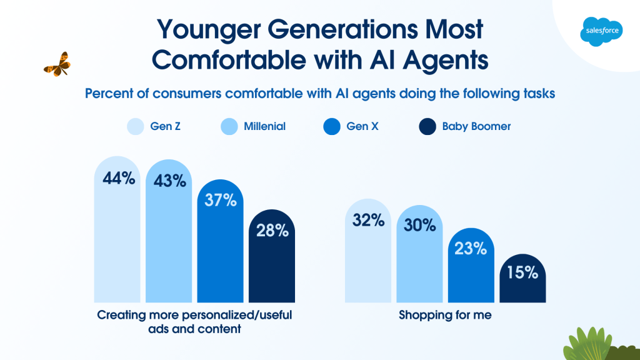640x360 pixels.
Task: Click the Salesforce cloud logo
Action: point(601,31)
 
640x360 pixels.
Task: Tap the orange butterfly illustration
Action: point(57,64)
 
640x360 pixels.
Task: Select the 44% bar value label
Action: point(119,178)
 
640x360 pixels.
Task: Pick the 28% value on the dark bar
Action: point(272,230)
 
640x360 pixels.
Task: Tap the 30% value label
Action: point(419,225)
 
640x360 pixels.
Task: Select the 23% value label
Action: point(471,248)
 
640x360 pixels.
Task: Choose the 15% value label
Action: point(522,272)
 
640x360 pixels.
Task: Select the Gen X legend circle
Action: point(331,127)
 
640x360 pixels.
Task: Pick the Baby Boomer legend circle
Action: point(426,127)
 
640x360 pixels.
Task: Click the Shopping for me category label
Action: point(445,316)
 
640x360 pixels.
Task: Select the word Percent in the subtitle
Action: point(108,94)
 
